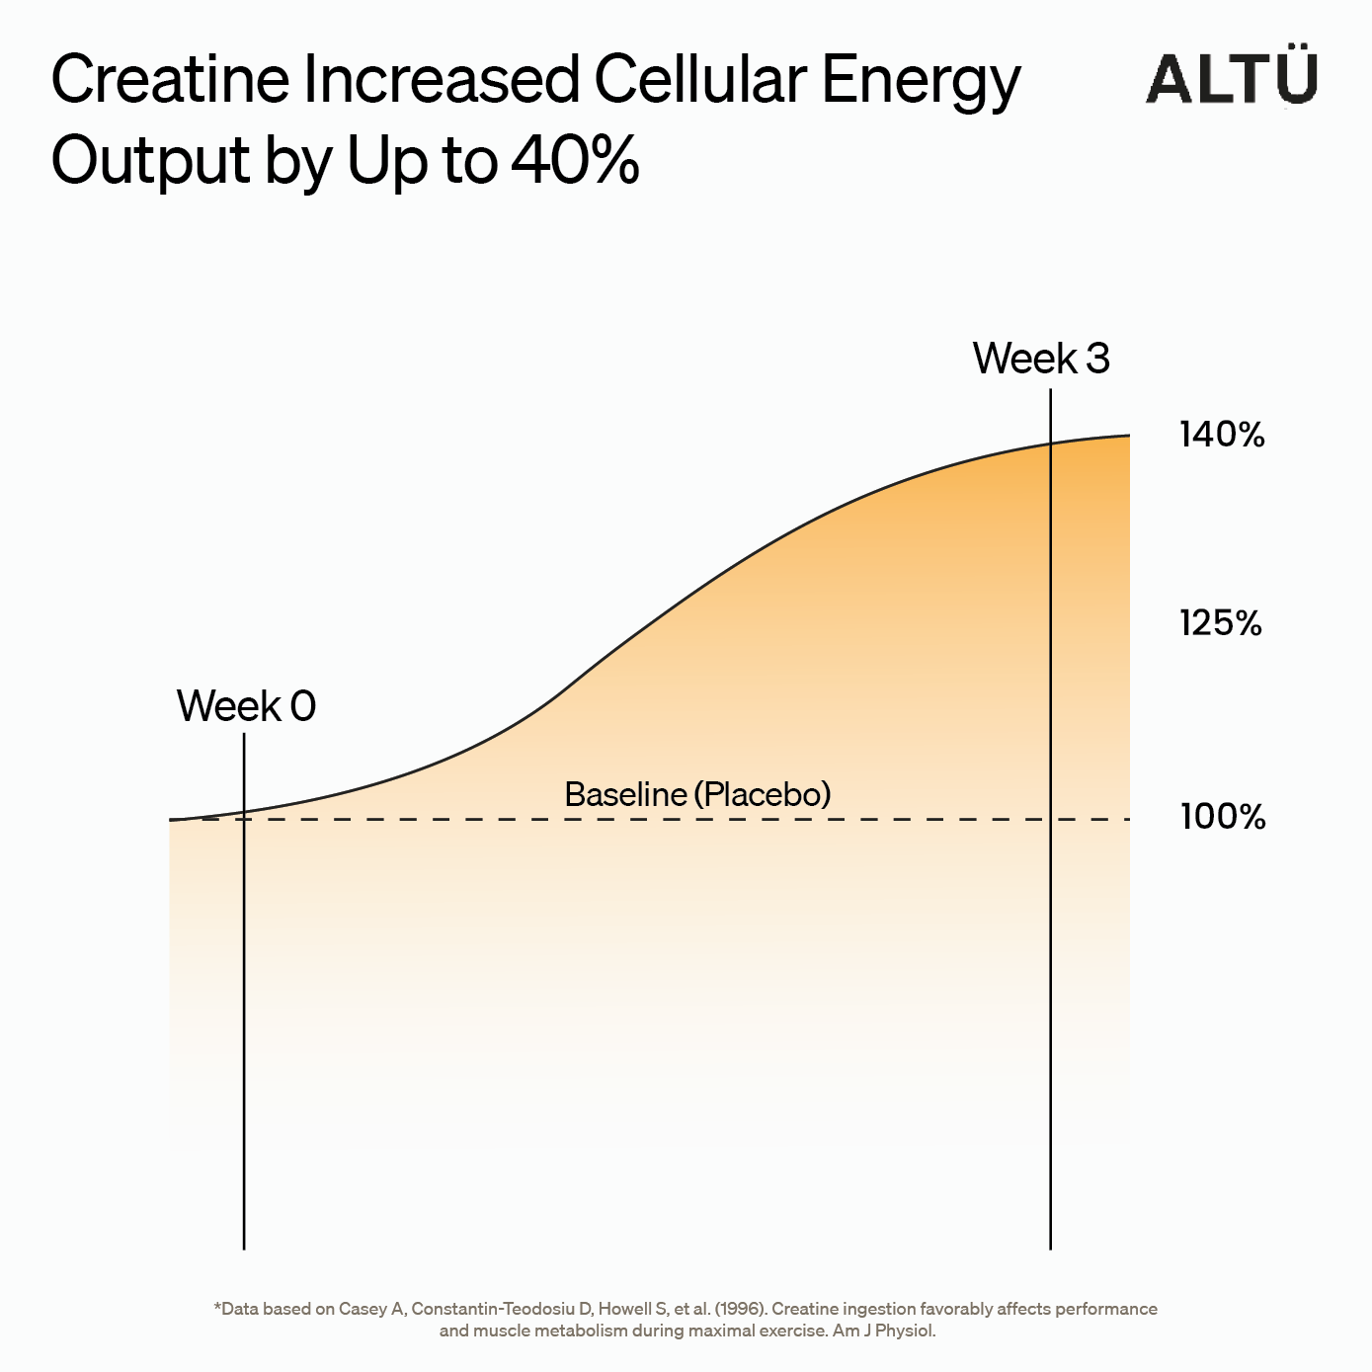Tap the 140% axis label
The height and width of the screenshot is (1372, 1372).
pyautogui.click(x=1222, y=435)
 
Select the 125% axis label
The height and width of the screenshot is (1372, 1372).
pyautogui.click(x=1220, y=623)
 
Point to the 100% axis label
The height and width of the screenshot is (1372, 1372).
pyautogui.click(x=1223, y=817)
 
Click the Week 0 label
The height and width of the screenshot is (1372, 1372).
pyautogui.click(x=246, y=705)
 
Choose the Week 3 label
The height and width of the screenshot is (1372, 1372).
pyautogui.click(x=1041, y=358)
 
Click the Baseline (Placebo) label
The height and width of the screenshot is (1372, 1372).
pyautogui.click(x=697, y=794)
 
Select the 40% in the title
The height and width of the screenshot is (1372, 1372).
pyautogui.click(x=575, y=159)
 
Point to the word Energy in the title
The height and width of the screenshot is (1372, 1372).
pyautogui.click(x=922, y=84)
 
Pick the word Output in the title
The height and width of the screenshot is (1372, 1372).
pyautogui.click(x=150, y=163)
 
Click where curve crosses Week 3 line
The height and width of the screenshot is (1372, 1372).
pyautogui.click(x=1050, y=444)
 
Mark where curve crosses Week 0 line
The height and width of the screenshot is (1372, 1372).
pyautogui.click(x=244, y=812)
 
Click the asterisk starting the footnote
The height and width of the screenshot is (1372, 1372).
pyautogui.click(x=217, y=1306)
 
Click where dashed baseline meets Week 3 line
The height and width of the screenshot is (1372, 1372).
pyautogui.click(x=1050, y=820)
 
